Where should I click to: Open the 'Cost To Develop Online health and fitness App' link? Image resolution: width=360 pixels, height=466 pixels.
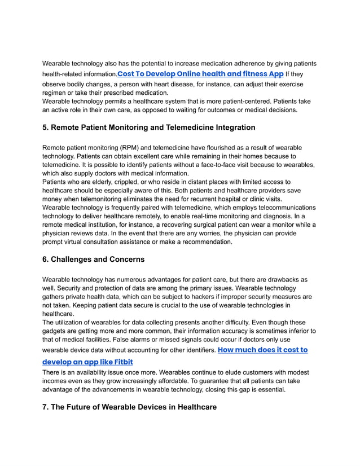pos(200,74)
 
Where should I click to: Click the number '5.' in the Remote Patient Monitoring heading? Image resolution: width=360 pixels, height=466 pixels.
pos(46,128)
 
